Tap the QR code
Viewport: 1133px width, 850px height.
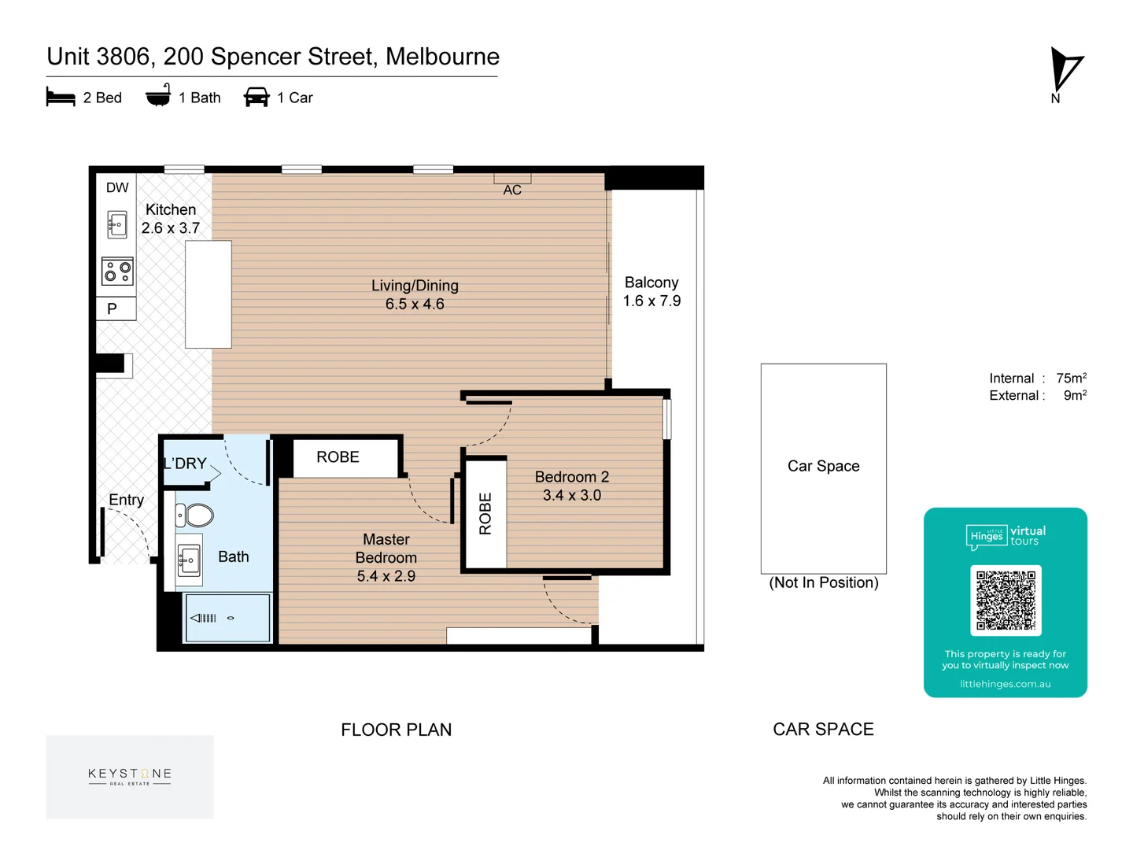1006,600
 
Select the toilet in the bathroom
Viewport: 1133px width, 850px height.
194,515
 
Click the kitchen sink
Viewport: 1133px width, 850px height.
117,224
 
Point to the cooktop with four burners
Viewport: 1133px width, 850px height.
117,272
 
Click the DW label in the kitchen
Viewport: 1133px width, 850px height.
117,187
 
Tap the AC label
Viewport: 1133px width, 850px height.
512,190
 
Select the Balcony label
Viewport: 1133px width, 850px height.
651,283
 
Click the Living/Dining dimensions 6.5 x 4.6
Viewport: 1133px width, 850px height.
415,304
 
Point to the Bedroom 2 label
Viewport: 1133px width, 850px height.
572,476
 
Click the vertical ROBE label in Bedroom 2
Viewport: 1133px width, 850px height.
485,513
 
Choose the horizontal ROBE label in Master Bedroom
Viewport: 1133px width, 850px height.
338,456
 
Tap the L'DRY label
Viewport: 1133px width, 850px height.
185,464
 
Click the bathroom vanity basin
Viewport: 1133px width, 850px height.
188,560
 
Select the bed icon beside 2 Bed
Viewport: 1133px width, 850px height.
61,97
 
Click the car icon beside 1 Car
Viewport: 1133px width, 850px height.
256,97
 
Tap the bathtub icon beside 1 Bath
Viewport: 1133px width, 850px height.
158,94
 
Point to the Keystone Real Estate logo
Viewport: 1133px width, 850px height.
130,777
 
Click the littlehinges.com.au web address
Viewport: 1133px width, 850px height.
1005,684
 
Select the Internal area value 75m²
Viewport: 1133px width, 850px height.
1071,379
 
